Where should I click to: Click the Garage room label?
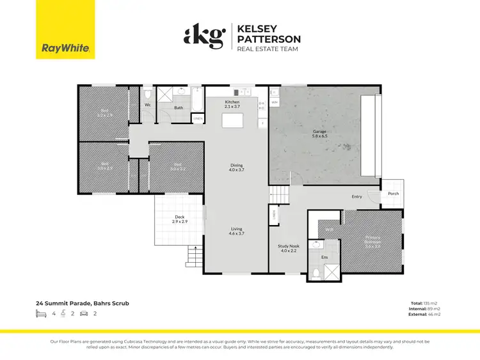(x=319, y=134)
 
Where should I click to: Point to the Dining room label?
(x=237, y=168)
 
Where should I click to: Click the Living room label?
(x=237, y=231)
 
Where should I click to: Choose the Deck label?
(x=180, y=219)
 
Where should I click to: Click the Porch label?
(x=393, y=193)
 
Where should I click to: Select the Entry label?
(x=356, y=197)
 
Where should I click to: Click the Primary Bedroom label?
(x=372, y=244)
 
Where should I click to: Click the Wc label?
(x=147, y=104)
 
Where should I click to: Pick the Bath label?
(x=179, y=107)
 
